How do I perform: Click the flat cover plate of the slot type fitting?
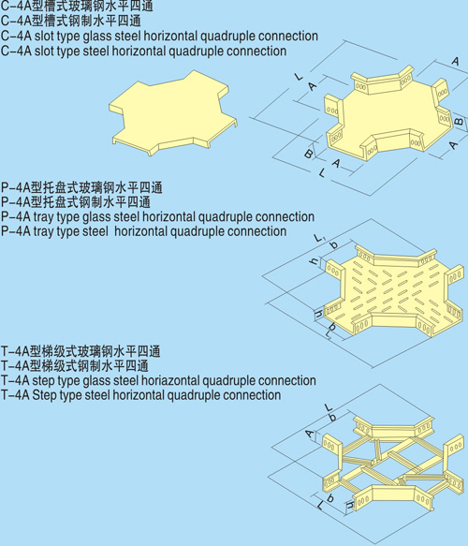tap(173, 112)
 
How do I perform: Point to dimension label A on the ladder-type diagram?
tap(309, 434)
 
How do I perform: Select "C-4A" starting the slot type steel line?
tap(16, 51)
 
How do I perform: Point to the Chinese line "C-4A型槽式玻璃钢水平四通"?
tap(77, 6)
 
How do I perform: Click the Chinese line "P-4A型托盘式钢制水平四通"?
tap(76, 202)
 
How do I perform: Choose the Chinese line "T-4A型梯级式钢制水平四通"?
tap(75, 365)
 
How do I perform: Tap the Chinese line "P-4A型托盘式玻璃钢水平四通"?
tap(81, 187)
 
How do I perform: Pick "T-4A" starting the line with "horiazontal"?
tap(16, 380)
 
